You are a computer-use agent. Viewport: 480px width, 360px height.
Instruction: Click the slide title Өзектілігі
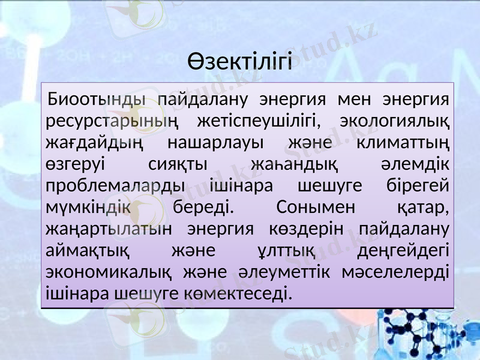tap(239, 61)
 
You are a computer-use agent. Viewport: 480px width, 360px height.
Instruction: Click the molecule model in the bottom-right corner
tap(420, 333)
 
